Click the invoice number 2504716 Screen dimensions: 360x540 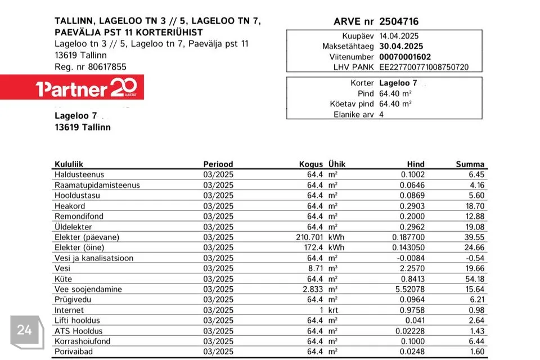coord(399,22)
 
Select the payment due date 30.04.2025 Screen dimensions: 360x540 coord(401,46)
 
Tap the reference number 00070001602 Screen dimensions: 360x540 coord(405,57)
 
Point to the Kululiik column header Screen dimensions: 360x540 coord(69,164)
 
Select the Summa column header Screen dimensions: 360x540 coord(470,164)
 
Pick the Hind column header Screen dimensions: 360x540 coord(416,164)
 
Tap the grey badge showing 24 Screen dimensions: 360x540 coord(24,330)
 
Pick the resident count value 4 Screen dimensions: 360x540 coord(381,114)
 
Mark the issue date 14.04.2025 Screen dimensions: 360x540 coord(399,35)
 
